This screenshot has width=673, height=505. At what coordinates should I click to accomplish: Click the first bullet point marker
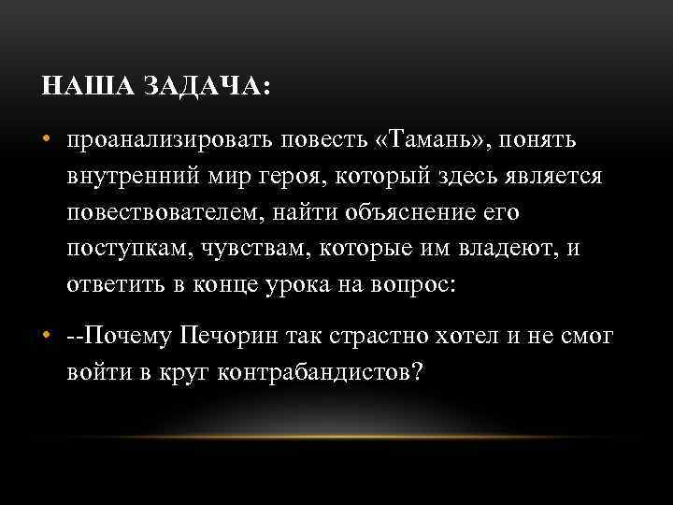[47, 139]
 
